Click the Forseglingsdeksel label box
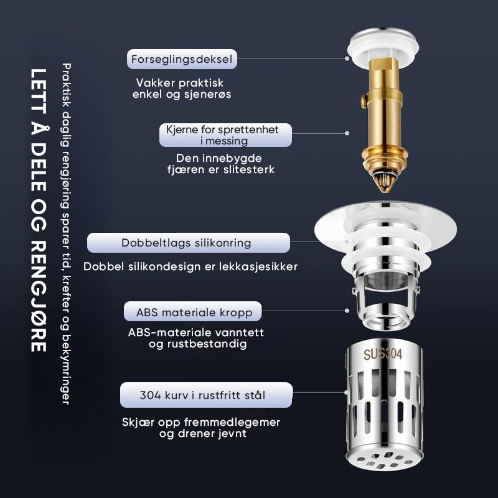[x=182, y=59]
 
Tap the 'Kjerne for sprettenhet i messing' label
[x=225, y=135]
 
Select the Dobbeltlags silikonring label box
[x=189, y=243]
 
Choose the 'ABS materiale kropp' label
[x=193, y=312]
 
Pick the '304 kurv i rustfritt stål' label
[x=206, y=395]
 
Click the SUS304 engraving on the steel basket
[x=383, y=354]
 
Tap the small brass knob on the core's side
[x=364, y=101]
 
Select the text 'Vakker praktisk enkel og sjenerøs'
[x=182, y=88]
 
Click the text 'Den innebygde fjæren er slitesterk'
[x=221, y=164]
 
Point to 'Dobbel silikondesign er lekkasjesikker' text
[x=190, y=266]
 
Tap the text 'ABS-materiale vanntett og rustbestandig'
[x=196, y=338]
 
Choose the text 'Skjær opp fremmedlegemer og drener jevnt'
[x=201, y=428]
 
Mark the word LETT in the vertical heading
[x=39, y=91]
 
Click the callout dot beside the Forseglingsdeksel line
[x=347, y=59]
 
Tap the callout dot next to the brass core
[x=347, y=133]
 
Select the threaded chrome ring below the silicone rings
[x=385, y=317]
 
